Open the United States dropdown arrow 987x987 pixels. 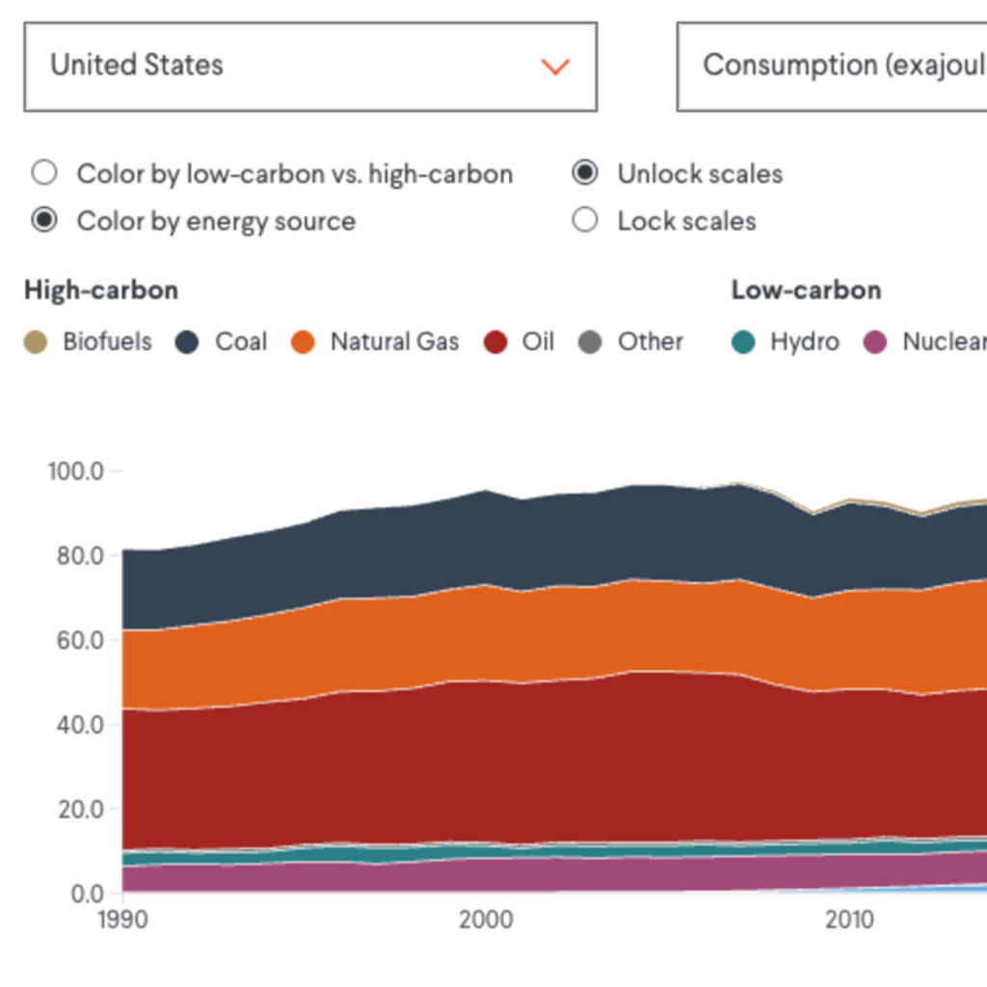click(555, 67)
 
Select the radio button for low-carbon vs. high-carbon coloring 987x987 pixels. click(43, 173)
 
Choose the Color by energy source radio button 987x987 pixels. click(43, 221)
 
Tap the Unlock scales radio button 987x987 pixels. click(584, 173)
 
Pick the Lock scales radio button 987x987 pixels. click(584, 221)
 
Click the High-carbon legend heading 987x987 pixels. click(101, 290)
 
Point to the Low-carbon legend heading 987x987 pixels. click(806, 290)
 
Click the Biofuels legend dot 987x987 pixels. click(36, 342)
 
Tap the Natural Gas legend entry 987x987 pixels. click(376, 342)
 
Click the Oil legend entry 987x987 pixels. click(520, 342)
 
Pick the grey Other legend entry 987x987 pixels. click(631, 342)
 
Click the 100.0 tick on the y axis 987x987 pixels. click(75, 471)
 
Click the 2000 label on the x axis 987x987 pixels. click(487, 920)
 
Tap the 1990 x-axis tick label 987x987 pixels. click(122, 920)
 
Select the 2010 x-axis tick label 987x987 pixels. click(850, 920)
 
